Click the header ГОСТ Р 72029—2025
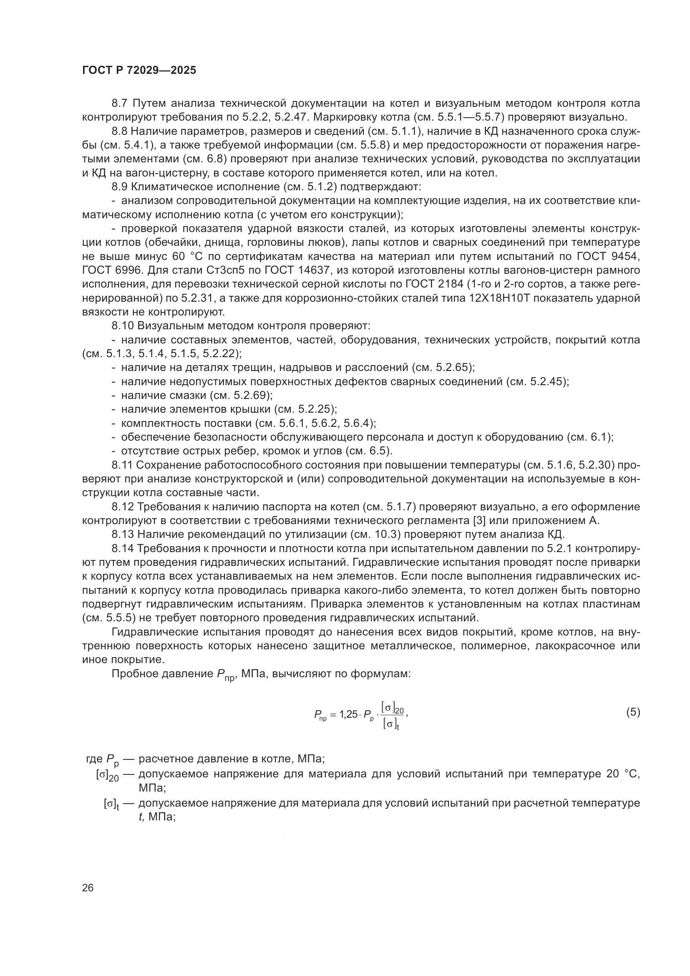139,70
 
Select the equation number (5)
633,712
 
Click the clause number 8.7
120,103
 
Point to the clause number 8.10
123,325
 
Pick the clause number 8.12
123,507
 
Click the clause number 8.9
120,187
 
